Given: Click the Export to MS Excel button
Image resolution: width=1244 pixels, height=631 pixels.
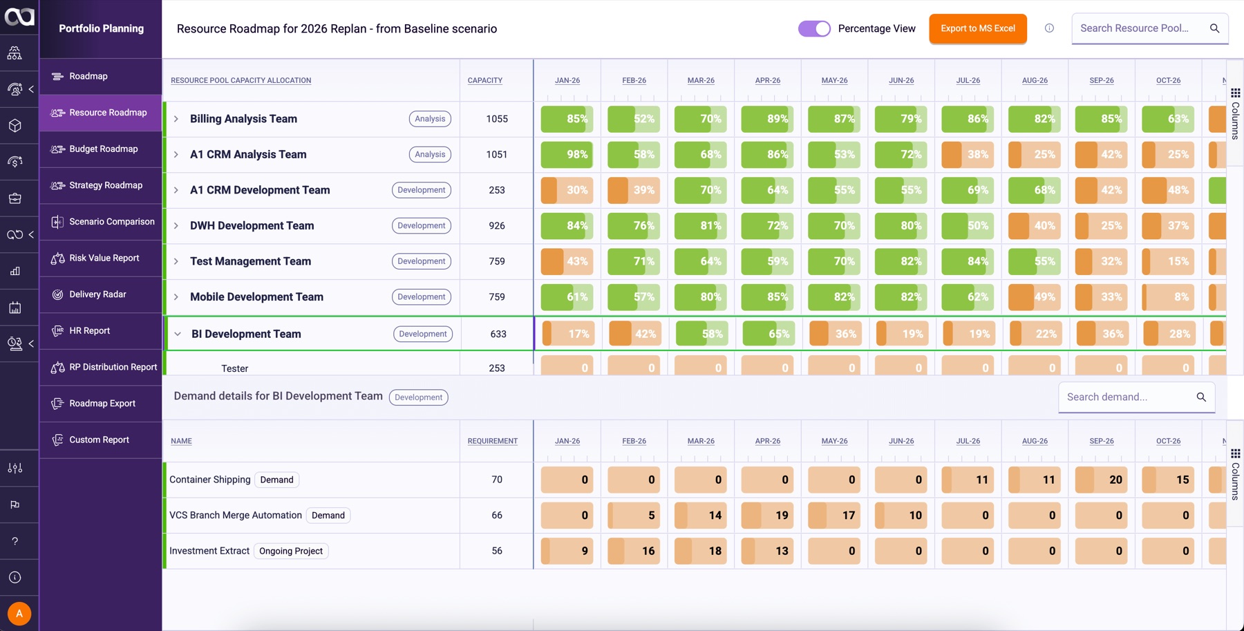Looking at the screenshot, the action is pyautogui.click(x=977, y=28).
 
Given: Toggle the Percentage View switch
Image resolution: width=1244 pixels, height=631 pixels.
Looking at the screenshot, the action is pyautogui.click(x=814, y=28).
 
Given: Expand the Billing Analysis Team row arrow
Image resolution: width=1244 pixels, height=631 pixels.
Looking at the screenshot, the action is pyautogui.click(x=176, y=119).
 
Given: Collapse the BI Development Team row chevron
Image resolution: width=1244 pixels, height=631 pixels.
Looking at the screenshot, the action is pyautogui.click(x=178, y=334).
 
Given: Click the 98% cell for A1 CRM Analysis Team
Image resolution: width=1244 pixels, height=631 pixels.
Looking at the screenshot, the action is pyautogui.click(x=567, y=155).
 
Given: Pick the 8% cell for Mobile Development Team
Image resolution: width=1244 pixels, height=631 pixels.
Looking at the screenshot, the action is pyautogui.click(x=1168, y=297).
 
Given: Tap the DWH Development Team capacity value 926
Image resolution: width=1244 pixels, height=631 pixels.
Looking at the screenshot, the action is pyautogui.click(x=496, y=226).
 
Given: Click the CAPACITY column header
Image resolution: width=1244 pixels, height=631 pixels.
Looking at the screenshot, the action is pyautogui.click(x=484, y=80).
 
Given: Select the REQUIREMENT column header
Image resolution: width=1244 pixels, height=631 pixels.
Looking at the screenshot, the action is pyautogui.click(x=492, y=441).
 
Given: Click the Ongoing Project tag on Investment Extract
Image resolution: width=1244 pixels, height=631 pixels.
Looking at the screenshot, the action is pyautogui.click(x=291, y=551).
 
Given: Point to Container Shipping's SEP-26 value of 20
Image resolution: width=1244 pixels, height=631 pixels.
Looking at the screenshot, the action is pyautogui.click(x=1102, y=480).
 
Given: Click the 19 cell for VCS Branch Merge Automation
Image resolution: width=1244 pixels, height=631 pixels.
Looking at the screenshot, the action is pyautogui.click(x=767, y=516).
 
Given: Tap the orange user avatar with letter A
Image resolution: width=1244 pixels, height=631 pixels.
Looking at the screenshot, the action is pyautogui.click(x=19, y=613).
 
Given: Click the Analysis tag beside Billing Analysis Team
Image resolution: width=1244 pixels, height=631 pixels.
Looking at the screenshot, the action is pyautogui.click(x=430, y=119).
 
